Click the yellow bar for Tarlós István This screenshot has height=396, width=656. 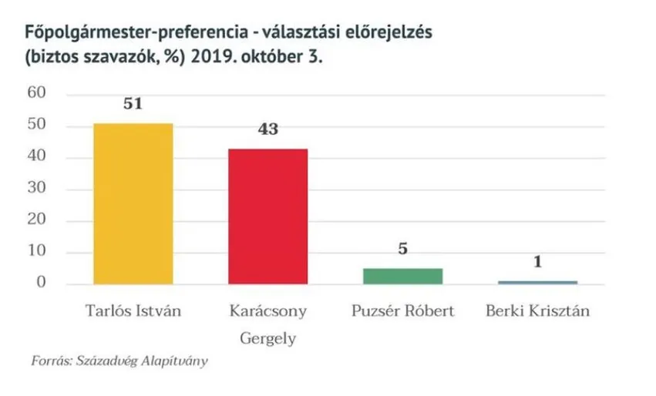coord(133,203)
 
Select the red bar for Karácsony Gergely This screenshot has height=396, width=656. coord(268,216)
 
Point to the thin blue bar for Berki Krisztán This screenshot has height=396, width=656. coord(537,283)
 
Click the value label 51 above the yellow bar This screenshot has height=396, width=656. coord(133,104)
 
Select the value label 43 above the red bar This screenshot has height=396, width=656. coord(268,129)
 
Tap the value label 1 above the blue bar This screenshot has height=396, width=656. coord(538,262)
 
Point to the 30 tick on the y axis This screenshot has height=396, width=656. coord(37,189)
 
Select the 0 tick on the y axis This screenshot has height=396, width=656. coord(42,284)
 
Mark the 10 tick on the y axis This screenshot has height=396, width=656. coord(37,252)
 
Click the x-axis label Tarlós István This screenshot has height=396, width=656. coord(133,312)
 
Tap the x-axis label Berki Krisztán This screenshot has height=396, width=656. coord(537,312)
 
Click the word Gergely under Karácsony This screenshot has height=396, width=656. coord(268,339)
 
